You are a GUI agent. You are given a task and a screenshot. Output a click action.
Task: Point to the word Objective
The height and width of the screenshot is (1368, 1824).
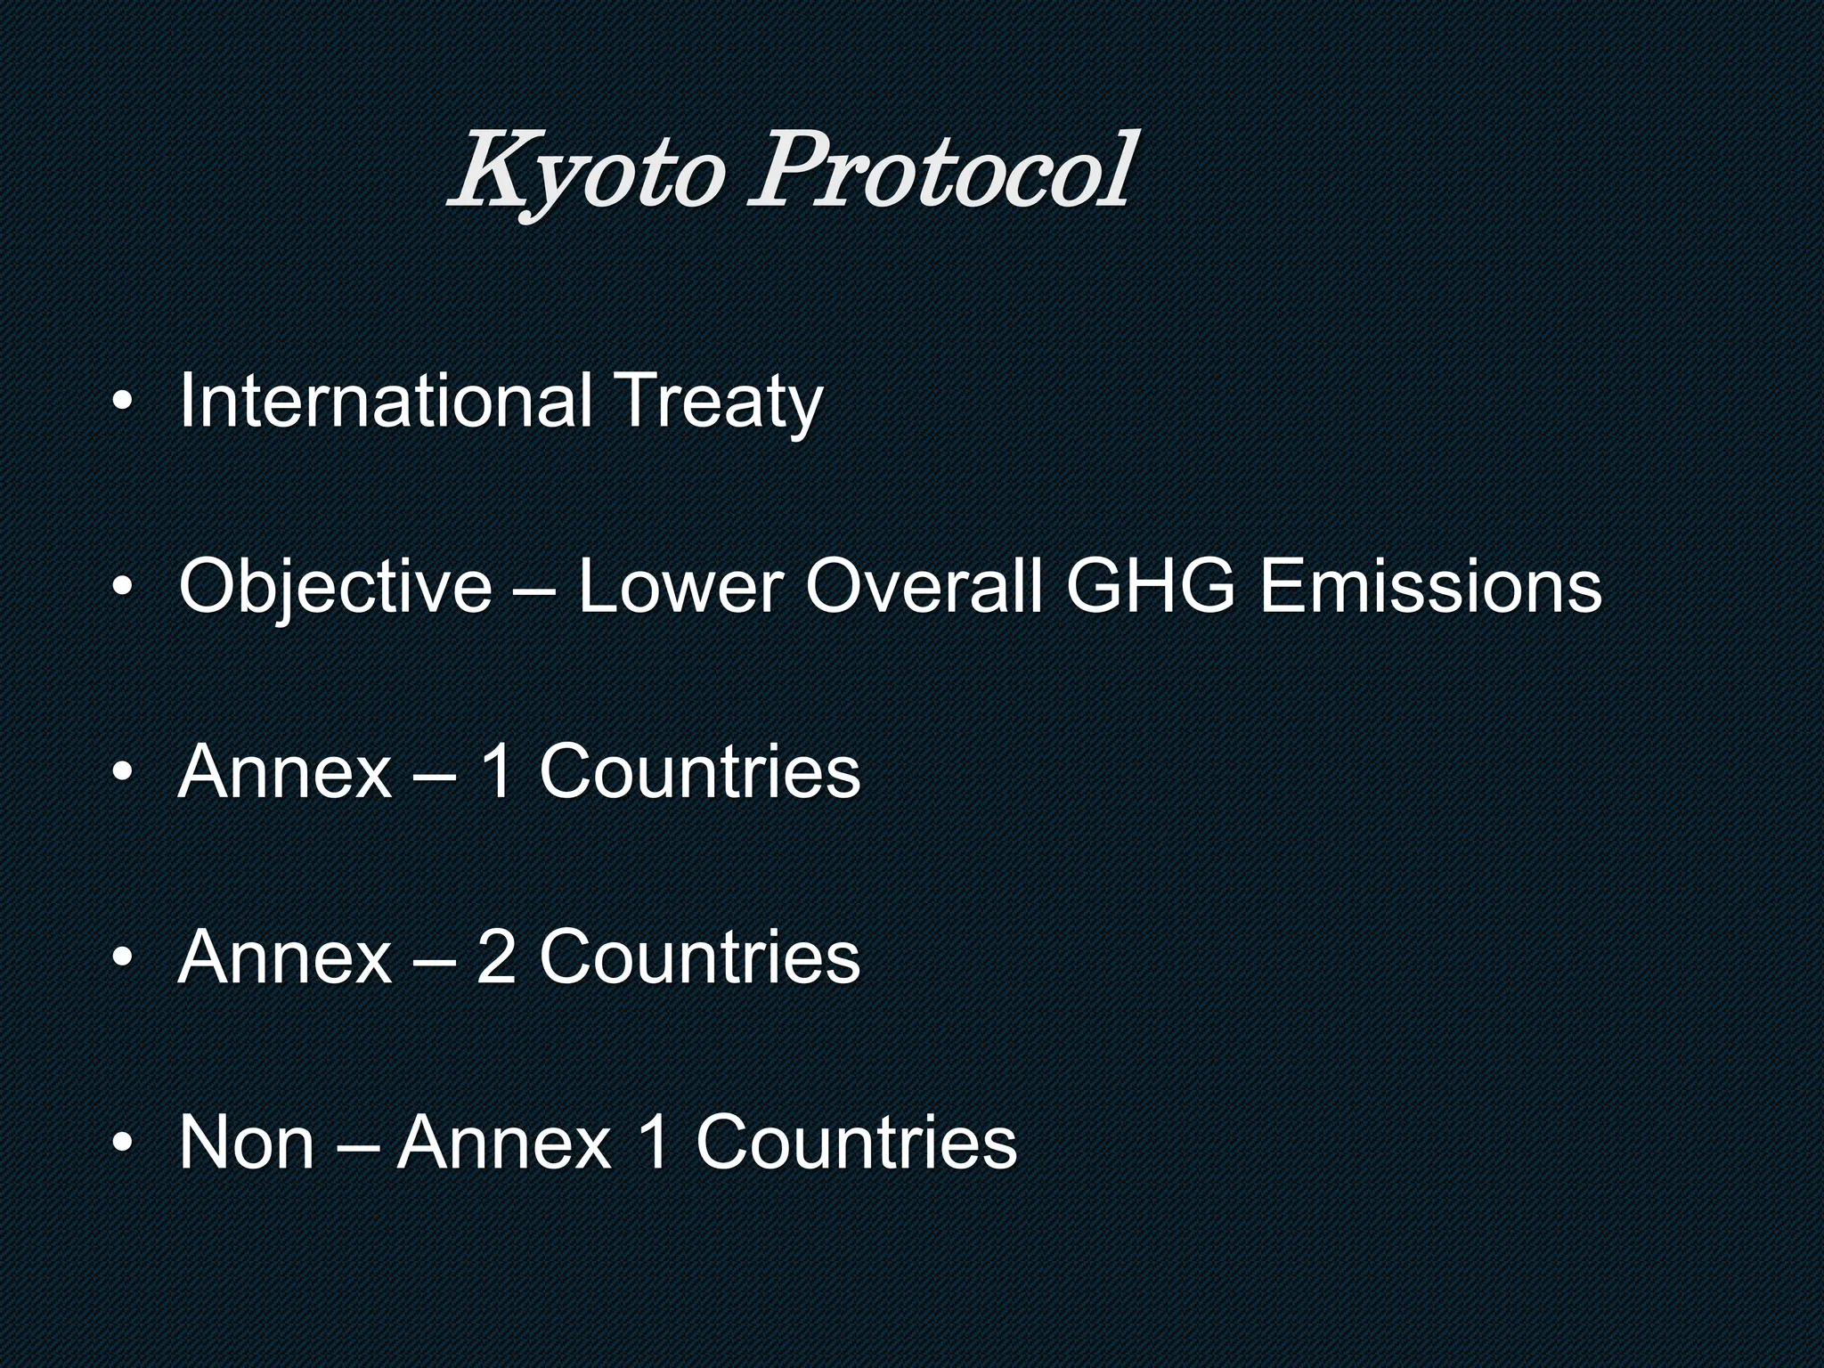click(335, 587)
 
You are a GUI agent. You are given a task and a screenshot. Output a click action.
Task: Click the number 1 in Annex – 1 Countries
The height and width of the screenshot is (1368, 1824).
click(496, 771)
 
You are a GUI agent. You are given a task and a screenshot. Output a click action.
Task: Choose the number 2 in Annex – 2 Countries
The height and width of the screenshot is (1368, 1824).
click(496, 957)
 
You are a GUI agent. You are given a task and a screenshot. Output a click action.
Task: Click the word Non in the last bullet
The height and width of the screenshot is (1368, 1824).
click(247, 1142)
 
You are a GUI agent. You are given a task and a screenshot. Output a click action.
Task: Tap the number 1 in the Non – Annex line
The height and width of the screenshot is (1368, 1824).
click(654, 1142)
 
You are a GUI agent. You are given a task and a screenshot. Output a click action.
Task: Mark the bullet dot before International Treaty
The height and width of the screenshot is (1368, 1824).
click(123, 403)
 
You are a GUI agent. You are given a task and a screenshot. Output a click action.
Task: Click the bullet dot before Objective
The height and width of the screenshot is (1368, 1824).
click(123, 589)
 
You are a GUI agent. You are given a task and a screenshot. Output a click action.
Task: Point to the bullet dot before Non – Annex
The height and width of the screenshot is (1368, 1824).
click(123, 1144)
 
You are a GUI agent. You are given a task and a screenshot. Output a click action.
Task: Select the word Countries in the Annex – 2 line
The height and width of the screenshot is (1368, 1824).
click(699, 957)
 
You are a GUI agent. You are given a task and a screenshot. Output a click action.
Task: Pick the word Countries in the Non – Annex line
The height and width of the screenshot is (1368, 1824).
click(856, 1142)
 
